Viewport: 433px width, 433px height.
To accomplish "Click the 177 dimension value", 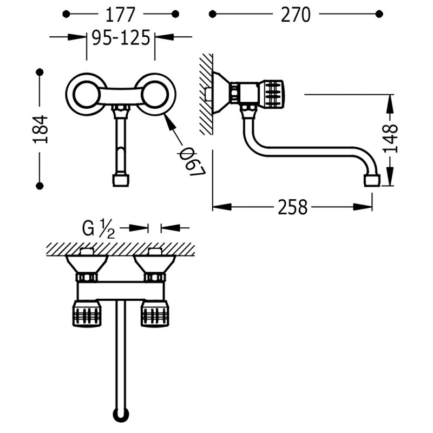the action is click(x=120, y=15).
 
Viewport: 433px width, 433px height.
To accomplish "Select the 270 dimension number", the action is click(x=296, y=15).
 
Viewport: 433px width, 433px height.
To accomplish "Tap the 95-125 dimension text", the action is click(x=121, y=37).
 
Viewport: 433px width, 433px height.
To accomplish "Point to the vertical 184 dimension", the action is click(x=41, y=129).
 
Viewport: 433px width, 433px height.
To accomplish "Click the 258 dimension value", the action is click(x=292, y=207).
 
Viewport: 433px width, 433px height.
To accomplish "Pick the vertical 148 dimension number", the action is click(x=390, y=139).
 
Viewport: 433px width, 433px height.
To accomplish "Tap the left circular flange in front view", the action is click(x=86, y=94).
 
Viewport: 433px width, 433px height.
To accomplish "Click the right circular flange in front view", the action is click(x=155, y=94).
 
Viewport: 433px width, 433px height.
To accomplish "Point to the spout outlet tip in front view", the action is click(x=121, y=180).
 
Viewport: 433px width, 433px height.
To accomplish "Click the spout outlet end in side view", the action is click(x=372, y=181).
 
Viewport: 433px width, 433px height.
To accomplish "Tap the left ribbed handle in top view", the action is click(x=87, y=313).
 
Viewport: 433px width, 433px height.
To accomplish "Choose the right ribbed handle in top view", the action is click(x=155, y=313).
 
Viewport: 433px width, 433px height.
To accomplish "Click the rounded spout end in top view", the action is click(x=121, y=415).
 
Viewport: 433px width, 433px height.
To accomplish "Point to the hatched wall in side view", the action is click(x=206, y=94).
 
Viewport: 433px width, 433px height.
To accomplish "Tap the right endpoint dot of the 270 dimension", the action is click(x=379, y=14).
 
